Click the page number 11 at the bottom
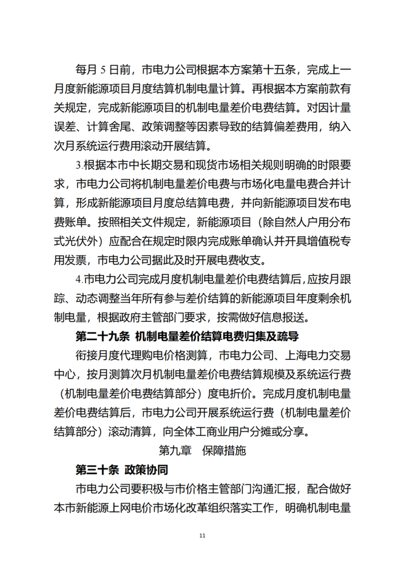pos(202,536)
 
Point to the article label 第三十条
pos(96,468)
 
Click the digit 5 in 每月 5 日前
pos(104,70)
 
